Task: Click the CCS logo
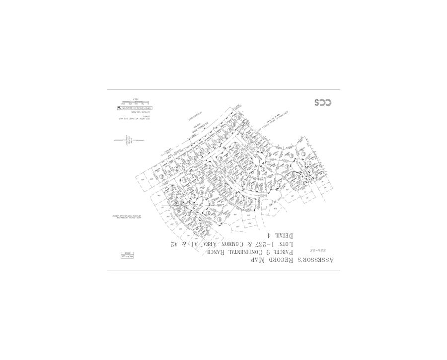click(322, 102)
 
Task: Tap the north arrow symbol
click(130, 141)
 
